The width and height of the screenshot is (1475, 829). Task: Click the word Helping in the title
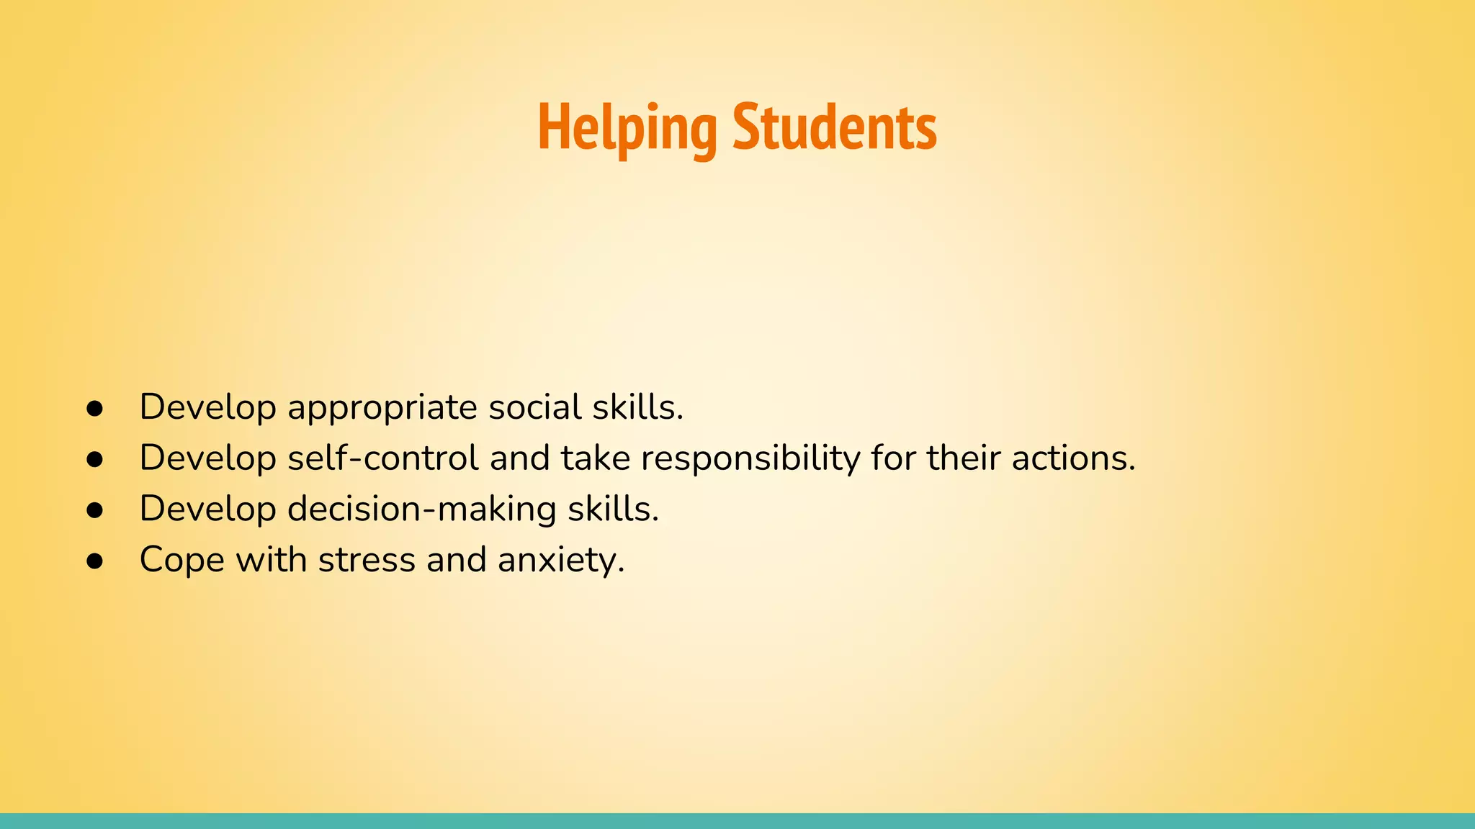pos(627,128)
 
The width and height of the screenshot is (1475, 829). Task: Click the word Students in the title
pos(835,128)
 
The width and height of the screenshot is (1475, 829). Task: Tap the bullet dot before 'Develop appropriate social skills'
pos(94,409)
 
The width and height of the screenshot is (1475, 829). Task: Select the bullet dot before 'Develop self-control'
pos(94,459)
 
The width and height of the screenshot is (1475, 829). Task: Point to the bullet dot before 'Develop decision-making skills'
pos(94,510)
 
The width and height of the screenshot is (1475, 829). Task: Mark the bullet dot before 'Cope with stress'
pos(94,561)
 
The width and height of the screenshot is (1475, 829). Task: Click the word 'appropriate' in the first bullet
pos(382,408)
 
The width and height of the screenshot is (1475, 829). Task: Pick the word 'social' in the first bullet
pos(535,407)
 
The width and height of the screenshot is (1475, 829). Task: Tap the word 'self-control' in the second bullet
pos(383,458)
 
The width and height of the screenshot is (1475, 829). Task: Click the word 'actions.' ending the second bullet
pos(1073,458)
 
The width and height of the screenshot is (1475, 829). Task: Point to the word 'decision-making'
pos(422,509)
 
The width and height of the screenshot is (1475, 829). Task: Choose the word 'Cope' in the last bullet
pos(182,561)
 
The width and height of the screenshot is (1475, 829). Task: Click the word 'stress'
pos(367,560)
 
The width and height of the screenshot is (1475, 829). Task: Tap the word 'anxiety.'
pos(561,561)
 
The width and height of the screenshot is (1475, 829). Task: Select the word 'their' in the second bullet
pos(964,458)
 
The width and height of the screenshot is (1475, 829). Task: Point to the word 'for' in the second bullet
pos(893,458)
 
